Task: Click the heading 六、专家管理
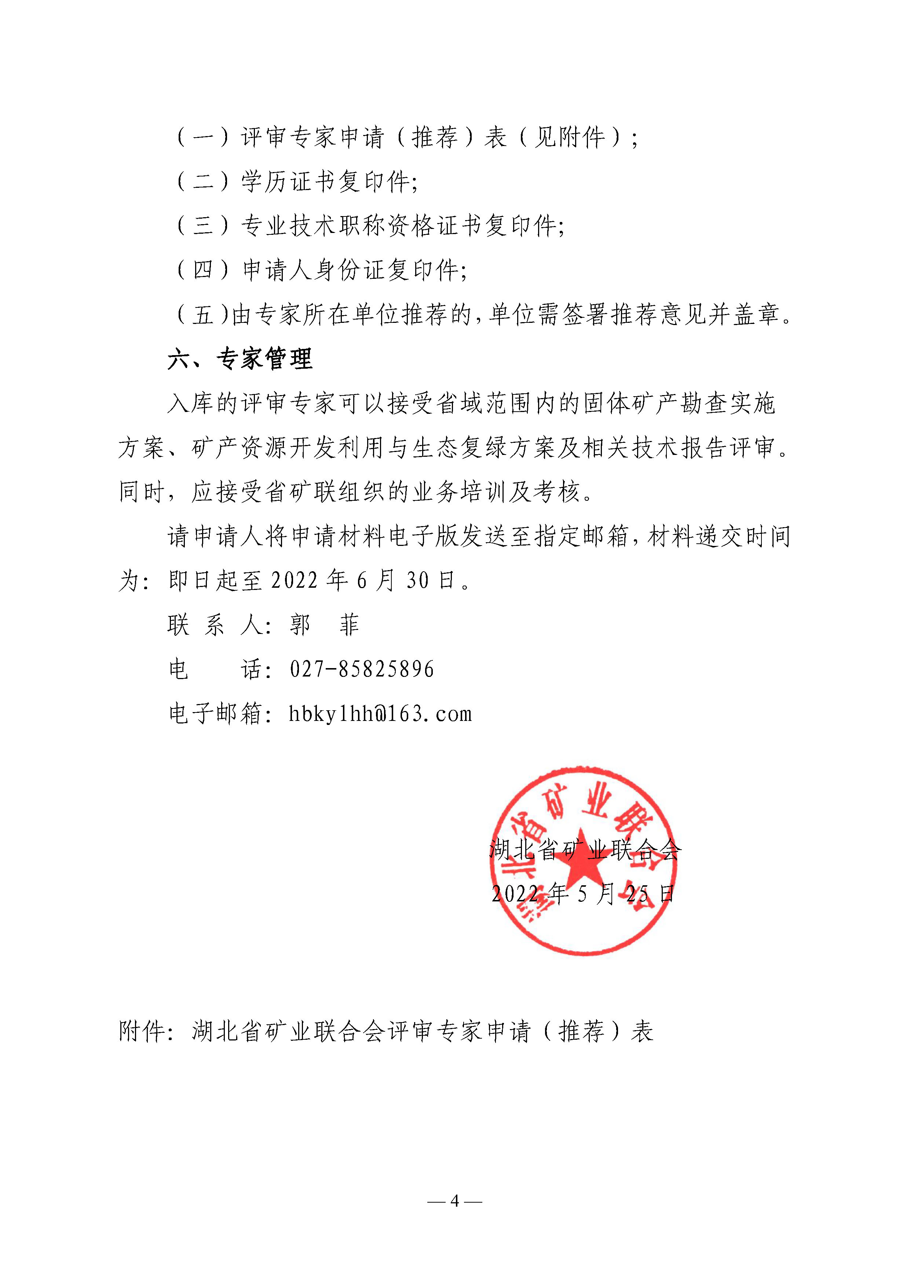coord(240,359)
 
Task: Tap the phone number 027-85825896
coord(361,669)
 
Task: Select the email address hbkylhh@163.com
coord(380,714)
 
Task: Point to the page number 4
coord(454,1201)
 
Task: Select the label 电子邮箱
coord(215,714)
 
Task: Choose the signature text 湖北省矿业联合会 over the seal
coord(585,850)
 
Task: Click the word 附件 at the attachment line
coord(141,1031)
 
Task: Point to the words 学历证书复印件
coord(325,182)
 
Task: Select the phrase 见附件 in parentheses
coord(569,137)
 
